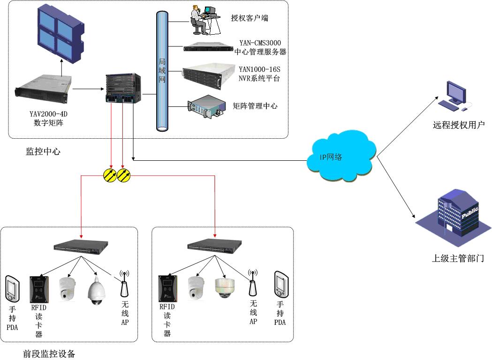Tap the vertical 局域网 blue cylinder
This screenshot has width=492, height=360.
pos(162,70)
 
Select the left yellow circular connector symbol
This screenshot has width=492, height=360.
pos(110,175)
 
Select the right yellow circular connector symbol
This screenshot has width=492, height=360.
pos(124,175)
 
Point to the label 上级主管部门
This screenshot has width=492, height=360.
pos(458,258)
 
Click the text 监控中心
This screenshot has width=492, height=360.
pos(43,151)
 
